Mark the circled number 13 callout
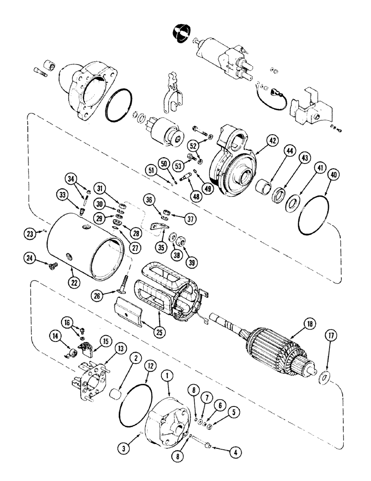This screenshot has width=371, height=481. click(x=105, y=348)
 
